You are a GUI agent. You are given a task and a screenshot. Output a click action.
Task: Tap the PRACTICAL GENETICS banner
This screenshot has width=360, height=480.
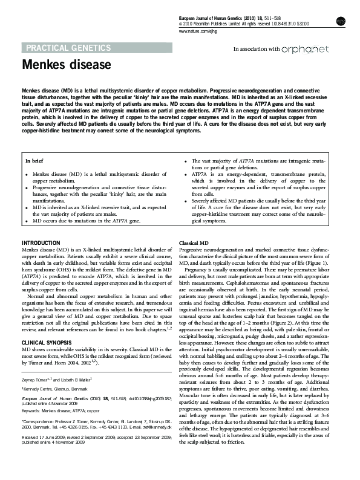pyautogui.click(x=67, y=47)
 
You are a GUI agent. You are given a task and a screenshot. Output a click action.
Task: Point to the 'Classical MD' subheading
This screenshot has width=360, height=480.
pyautogui.click(x=195, y=242)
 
